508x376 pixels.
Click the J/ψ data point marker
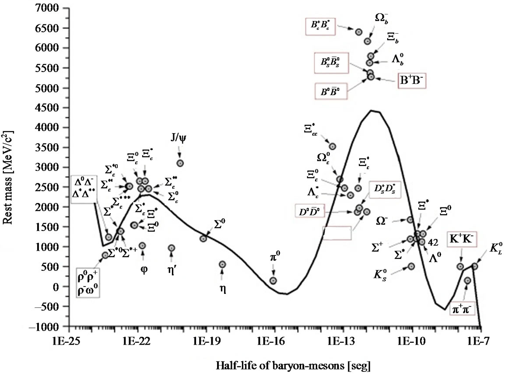[x=180, y=163]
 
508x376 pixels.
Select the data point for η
[x=222, y=265]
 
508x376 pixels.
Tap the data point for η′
[x=172, y=248]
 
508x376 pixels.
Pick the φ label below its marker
[x=144, y=268]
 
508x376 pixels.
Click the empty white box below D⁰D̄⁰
[x=337, y=233]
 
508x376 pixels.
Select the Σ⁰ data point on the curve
[x=203, y=238]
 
